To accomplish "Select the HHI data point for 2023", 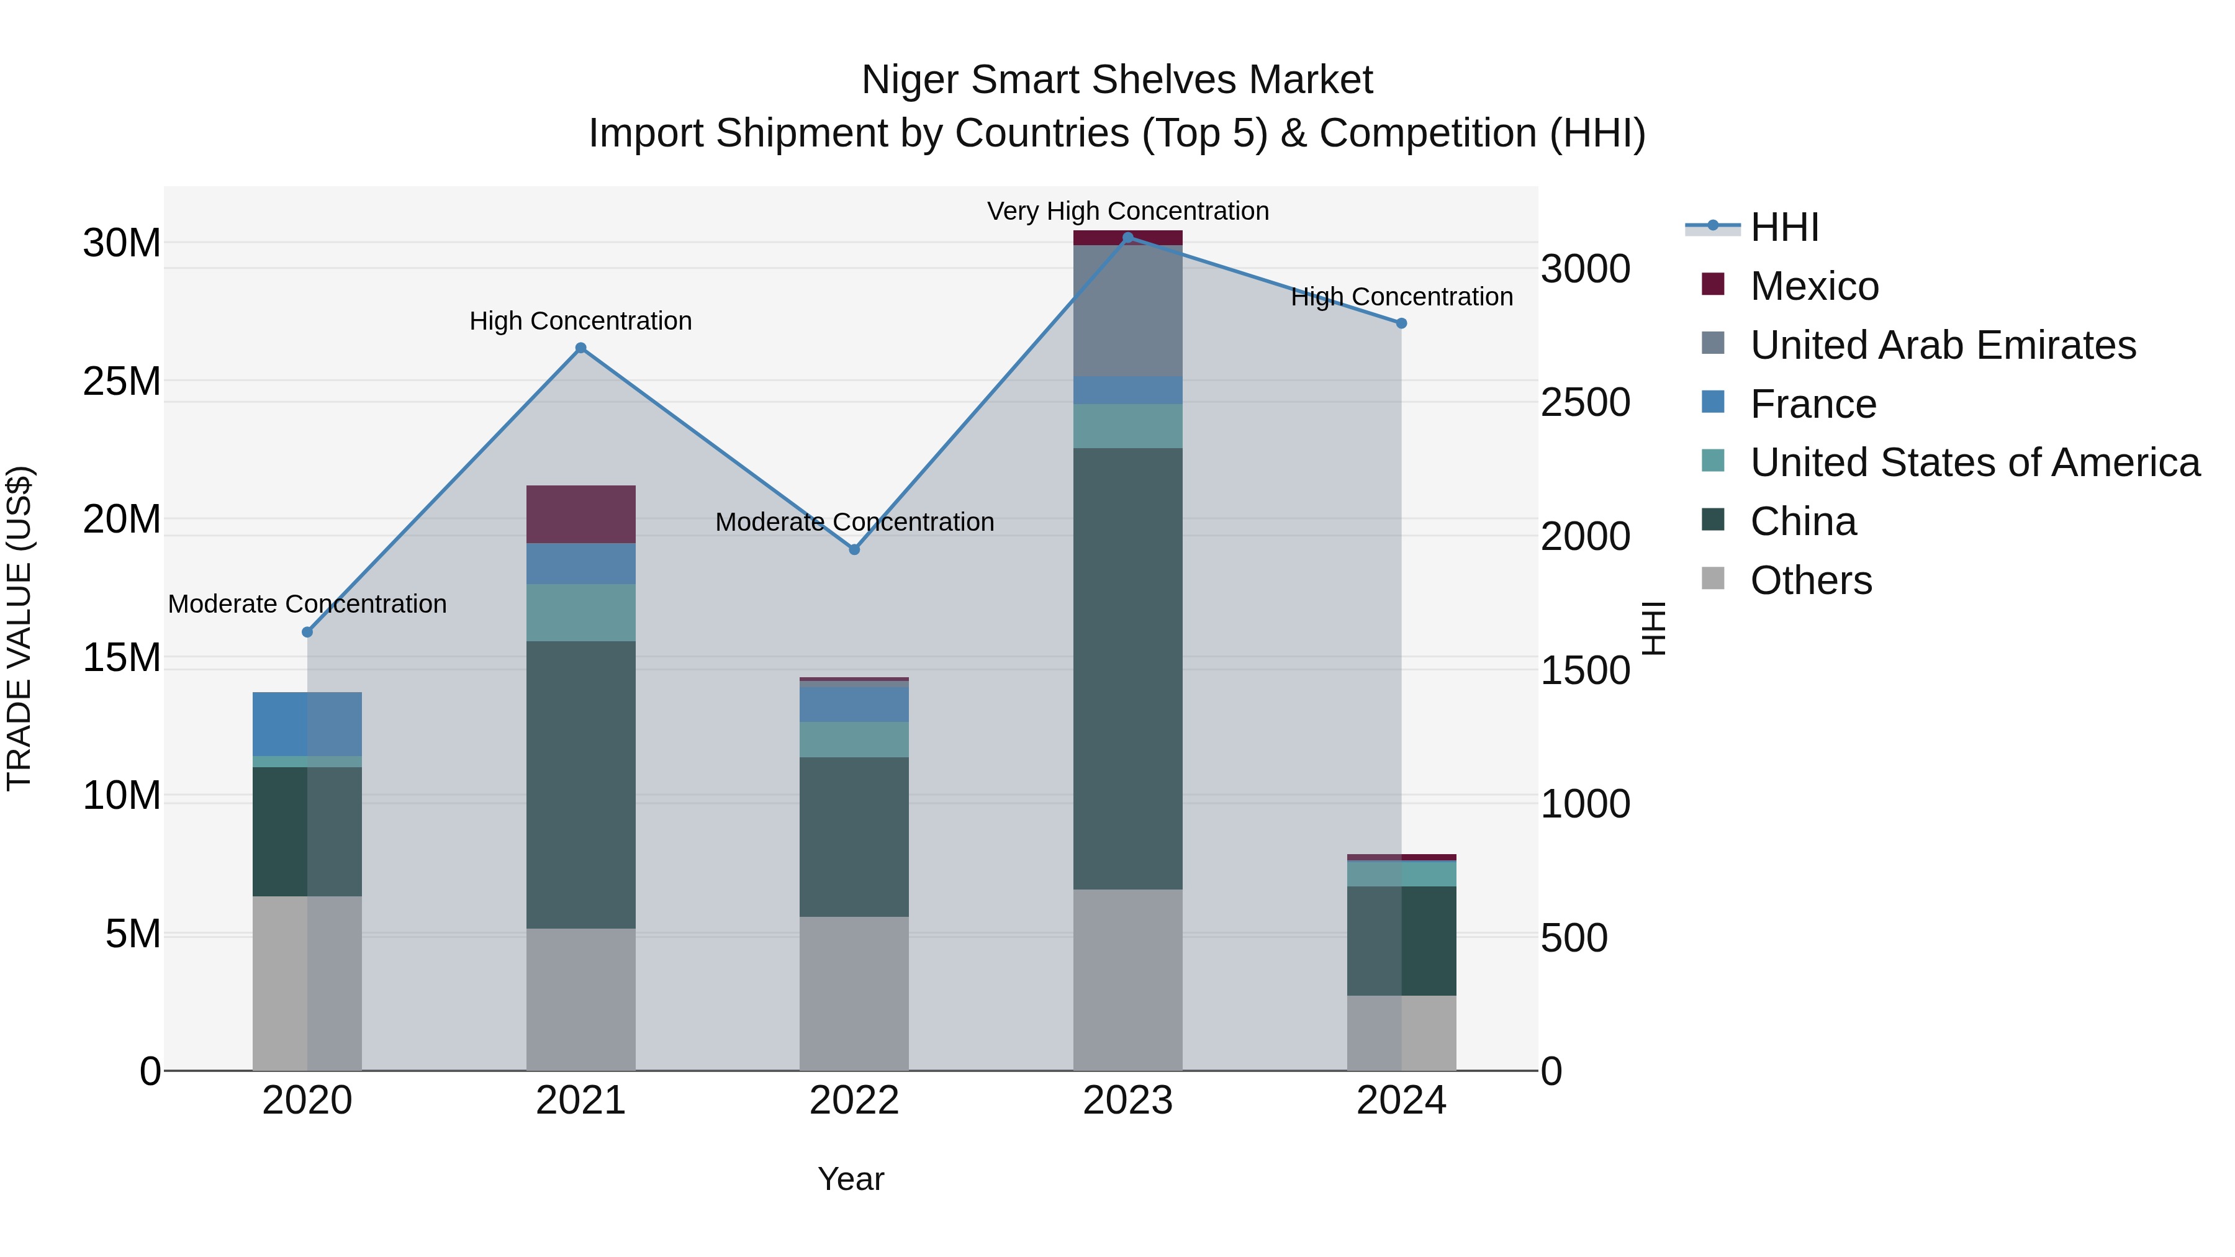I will pyautogui.click(x=1127, y=238).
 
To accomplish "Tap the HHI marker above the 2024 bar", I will pyautogui.click(x=1401, y=323).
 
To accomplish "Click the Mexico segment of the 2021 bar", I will pyautogui.click(x=580, y=515).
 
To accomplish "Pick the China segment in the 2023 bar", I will pyautogui.click(x=1127, y=668).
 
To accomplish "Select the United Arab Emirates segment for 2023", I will pyautogui.click(x=1127, y=310).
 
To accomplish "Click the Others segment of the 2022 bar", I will pyautogui.click(x=854, y=993).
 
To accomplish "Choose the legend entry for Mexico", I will pyautogui.click(x=1814, y=286).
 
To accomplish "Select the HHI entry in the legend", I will pyautogui.click(x=1784, y=227).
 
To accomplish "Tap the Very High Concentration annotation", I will pyautogui.click(x=1127, y=211).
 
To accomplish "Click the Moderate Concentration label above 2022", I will pyautogui.click(x=854, y=521).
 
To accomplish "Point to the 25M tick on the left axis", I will pyautogui.click(x=122, y=381).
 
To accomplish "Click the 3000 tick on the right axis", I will pyautogui.click(x=1584, y=269).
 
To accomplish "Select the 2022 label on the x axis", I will pyautogui.click(x=854, y=1100).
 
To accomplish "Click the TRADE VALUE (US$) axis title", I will pyautogui.click(x=19, y=628).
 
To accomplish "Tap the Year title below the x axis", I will pyautogui.click(x=851, y=1179).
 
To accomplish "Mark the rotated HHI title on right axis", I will pyautogui.click(x=1654, y=628).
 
